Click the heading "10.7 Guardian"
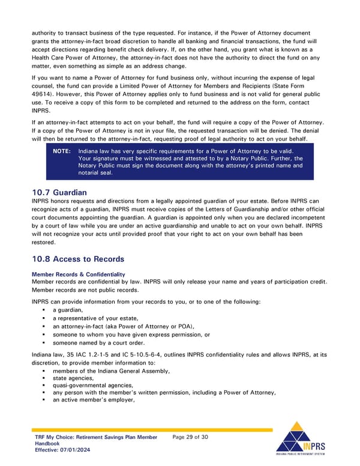61,192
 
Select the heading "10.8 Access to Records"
77,259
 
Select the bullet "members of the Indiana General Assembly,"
111,371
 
